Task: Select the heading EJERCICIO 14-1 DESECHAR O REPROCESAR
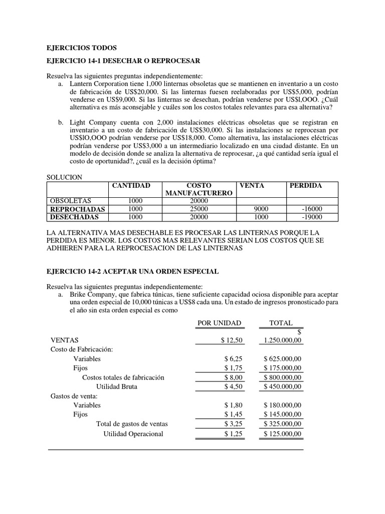[x=123, y=61]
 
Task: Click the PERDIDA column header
[x=306, y=186]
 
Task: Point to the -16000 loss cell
[x=312, y=209]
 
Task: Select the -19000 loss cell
[x=312, y=217]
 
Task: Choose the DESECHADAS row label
[x=75, y=217]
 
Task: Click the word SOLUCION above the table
[x=64, y=177]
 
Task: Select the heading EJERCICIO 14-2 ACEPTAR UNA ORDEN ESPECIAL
[x=132, y=271]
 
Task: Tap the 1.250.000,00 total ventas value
[x=282, y=340]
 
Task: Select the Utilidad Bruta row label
[x=116, y=387]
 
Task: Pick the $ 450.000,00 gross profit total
[x=282, y=387]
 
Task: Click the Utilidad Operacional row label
[x=133, y=434]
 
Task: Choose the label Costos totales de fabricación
[x=123, y=377]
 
